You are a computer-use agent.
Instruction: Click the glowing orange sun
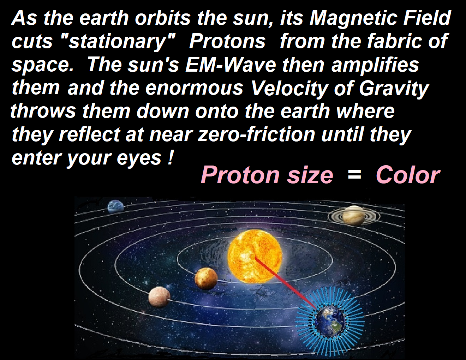(255, 256)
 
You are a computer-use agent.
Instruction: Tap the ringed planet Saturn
(354, 215)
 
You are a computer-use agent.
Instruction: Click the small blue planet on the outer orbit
(115, 206)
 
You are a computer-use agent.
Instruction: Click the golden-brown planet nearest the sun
(206, 278)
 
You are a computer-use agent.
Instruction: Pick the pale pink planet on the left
(159, 297)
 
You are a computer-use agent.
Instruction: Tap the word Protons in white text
(227, 41)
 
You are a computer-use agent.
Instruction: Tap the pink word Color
(408, 175)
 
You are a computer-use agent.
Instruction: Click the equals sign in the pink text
(354, 176)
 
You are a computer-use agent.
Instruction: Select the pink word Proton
(240, 175)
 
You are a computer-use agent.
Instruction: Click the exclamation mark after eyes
(171, 157)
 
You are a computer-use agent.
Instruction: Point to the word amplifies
(375, 65)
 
